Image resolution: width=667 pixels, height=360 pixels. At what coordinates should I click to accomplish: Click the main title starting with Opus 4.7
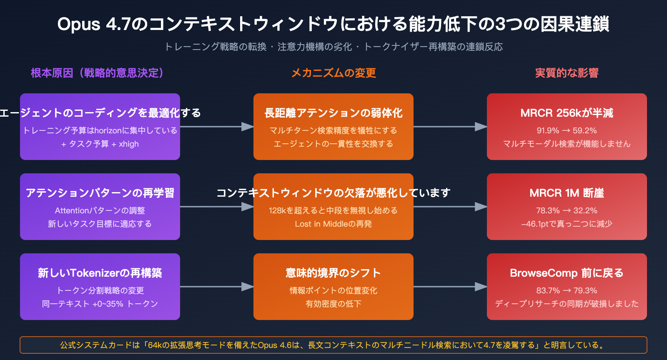333,24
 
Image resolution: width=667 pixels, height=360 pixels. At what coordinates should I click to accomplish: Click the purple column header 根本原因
97,73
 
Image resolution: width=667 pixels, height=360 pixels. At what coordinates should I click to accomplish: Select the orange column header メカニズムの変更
333,73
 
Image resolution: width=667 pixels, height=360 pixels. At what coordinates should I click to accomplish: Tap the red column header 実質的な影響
567,73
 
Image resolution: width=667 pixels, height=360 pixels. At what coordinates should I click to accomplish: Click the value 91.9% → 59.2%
567,130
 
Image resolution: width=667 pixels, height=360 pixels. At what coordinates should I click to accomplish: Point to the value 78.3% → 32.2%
567,210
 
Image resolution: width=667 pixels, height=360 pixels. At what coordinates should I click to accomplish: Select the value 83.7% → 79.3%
567,290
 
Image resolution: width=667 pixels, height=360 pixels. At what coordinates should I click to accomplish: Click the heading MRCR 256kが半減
567,113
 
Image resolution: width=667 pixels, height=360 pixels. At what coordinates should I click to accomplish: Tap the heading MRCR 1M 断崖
567,193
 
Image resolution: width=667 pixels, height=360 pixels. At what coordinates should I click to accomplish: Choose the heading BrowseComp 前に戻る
567,273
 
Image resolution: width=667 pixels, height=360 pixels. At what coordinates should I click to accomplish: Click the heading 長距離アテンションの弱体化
333,113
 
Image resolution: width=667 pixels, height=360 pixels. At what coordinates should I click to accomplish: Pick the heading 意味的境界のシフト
333,273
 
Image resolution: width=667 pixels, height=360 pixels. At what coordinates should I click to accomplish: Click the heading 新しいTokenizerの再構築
100,273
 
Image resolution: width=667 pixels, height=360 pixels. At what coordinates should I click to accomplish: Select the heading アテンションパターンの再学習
100,193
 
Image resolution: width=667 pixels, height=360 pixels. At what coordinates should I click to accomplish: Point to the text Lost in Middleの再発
333,224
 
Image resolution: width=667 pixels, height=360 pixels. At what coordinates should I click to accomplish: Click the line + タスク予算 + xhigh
100,144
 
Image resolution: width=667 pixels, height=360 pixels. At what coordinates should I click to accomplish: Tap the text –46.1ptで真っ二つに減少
567,224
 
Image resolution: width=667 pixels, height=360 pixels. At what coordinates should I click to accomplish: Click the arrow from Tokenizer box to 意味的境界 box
217,287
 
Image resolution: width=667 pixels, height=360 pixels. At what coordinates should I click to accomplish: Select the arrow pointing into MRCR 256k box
450,127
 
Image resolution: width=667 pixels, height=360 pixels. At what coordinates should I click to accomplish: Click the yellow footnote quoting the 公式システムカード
333,345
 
